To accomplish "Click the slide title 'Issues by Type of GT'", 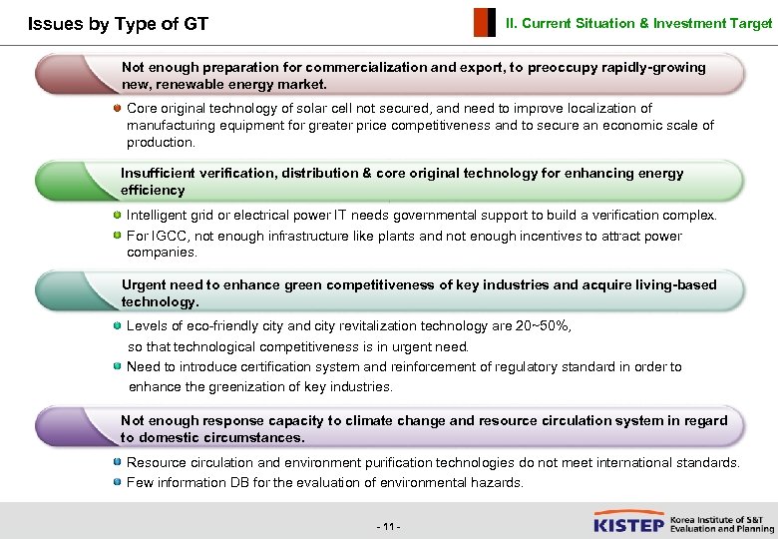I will click(118, 23).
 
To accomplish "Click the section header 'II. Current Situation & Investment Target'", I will click(638, 22).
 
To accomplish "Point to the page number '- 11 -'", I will click(388, 526).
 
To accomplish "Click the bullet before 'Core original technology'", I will click(118, 108).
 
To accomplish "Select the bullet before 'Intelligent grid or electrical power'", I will click(118, 215).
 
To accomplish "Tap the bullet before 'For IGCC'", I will click(118, 236).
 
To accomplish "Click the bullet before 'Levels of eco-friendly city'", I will click(118, 325).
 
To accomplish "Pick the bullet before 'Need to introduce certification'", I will click(118, 366).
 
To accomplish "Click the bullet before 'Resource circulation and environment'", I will click(118, 462).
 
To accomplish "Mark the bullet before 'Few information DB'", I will click(118, 482).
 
